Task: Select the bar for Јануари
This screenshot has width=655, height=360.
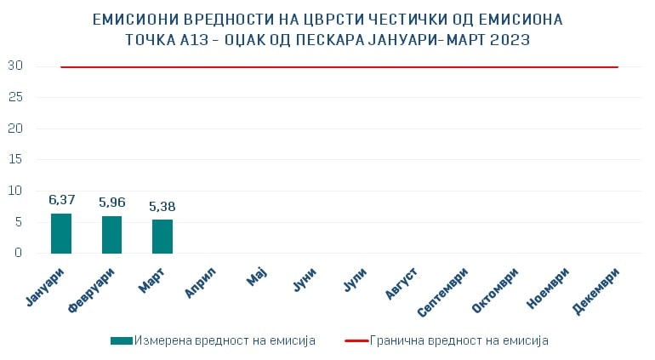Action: [61, 233]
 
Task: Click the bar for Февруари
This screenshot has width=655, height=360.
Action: [111, 235]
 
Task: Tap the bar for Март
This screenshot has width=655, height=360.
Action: [162, 237]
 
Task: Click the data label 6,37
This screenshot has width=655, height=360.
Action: [62, 200]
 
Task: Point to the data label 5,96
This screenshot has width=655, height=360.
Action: [112, 203]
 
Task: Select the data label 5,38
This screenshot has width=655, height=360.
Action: [162, 206]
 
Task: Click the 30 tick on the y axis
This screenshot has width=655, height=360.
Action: [16, 66]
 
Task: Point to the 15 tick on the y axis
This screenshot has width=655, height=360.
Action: [16, 159]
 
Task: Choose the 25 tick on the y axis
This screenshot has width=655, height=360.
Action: [16, 97]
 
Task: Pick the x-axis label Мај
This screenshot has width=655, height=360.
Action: [257, 277]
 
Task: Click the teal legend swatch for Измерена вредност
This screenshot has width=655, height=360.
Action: [122, 340]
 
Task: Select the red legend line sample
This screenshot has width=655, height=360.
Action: [356, 340]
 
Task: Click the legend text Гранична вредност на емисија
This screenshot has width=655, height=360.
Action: [459, 340]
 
